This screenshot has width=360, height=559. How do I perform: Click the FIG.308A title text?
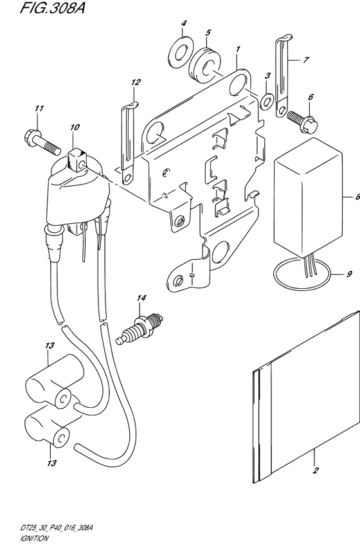pyautogui.click(x=53, y=7)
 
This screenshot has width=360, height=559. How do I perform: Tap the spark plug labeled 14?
pyautogui.click(x=139, y=328)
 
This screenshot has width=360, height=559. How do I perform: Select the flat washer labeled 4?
pyautogui.click(x=180, y=52)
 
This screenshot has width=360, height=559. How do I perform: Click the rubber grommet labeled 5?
pyautogui.click(x=205, y=64)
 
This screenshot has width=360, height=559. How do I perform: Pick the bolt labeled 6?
pyautogui.click(x=303, y=122)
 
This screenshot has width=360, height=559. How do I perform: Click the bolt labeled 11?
pyautogui.click(x=41, y=143)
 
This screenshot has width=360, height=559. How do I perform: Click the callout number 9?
pyautogui.click(x=349, y=274)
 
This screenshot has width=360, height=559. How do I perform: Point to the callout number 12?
pyautogui.click(x=136, y=82)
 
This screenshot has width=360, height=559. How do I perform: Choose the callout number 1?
pyautogui.click(x=238, y=48)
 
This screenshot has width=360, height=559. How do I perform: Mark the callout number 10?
pyautogui.click(x=75, y=127)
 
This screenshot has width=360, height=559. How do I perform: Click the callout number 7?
pyautogui.click(x=305, y=60)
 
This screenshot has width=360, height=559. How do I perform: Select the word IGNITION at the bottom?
pyautogui.click(x=34, y=538)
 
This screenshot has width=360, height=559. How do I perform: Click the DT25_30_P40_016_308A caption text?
pyautogui.click(x=57, y=528)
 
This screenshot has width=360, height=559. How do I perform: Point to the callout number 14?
pyautogui.click(x=141, y=298)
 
